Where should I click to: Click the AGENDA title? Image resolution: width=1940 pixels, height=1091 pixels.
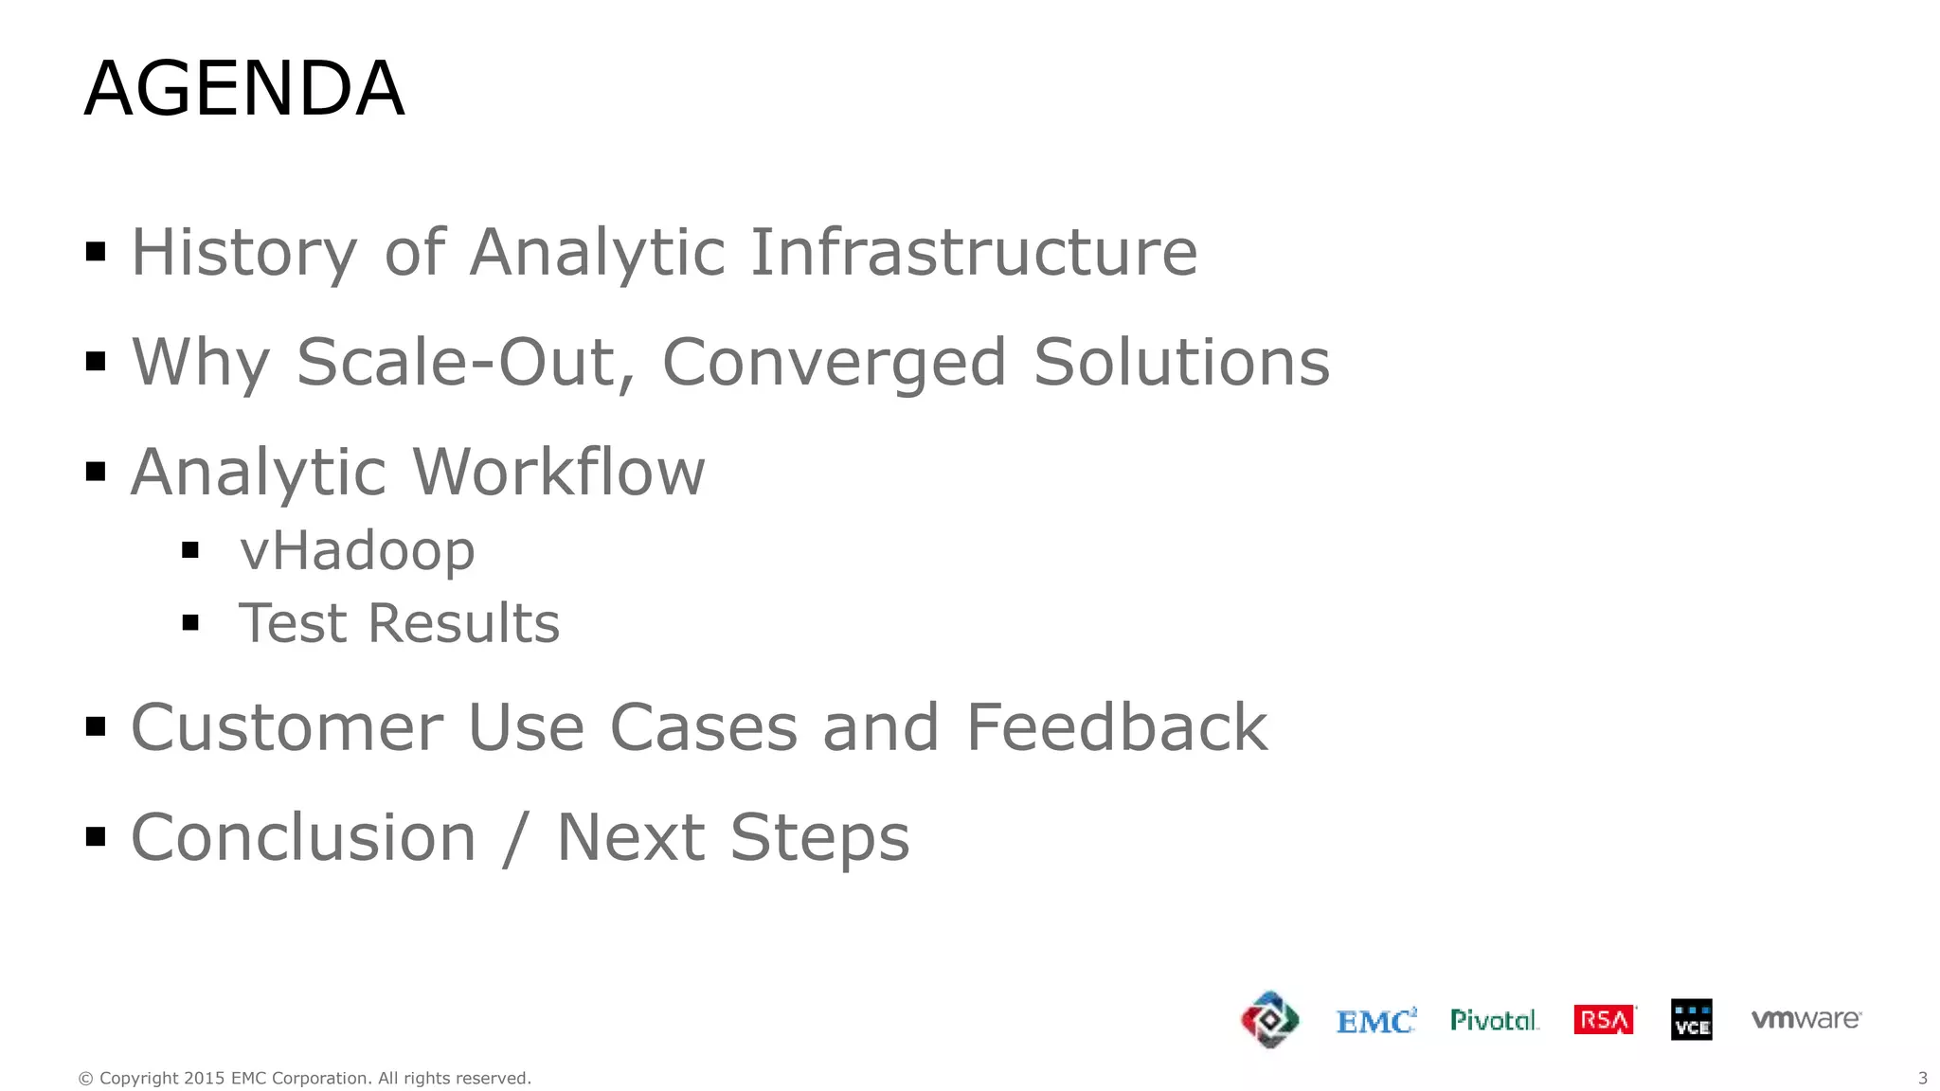coord(244,88)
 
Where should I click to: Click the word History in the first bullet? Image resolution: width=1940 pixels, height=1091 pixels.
coord(243,253)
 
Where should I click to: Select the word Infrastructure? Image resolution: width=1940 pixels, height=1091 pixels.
coord(974,253)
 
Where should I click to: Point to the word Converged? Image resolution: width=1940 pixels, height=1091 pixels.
coord(834,365)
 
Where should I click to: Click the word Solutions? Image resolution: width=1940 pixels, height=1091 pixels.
coord(1181,363)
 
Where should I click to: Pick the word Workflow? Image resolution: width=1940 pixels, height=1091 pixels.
coord(559,472)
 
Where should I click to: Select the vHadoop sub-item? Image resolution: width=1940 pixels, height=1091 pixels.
coord(356,551)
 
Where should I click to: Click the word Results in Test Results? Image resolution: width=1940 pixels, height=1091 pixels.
coord(463,623)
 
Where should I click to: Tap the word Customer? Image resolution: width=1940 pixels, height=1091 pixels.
coord(287,727)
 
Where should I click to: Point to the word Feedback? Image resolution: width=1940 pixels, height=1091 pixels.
coord(1116,727)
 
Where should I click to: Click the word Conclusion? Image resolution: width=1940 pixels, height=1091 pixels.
coord(303,837)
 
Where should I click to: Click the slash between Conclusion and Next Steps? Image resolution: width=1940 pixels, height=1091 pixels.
coord(515,839)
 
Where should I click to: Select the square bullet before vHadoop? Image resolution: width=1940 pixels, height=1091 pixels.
coord(190,550)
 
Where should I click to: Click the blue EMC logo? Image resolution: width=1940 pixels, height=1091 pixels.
coord(1375,1021)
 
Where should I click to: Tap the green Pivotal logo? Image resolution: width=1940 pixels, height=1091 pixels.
coord(1494,1020)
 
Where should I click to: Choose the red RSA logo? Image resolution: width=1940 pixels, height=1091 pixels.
coord(1604,1020)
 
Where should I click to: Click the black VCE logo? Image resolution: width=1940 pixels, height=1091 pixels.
coord(1691,1020)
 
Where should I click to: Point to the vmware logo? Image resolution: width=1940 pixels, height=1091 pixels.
coord(1805,1019)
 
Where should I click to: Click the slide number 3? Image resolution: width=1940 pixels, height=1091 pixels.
coord(1922,1078)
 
